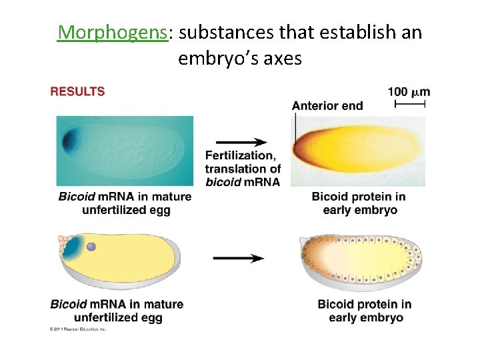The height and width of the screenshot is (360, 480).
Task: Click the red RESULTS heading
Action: (x=77, y=91)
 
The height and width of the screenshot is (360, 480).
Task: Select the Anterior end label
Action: (x=327, y=105)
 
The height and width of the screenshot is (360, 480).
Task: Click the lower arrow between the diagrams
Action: (x=239, y=258)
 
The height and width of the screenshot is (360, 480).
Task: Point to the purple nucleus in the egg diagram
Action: (x=91, y=247)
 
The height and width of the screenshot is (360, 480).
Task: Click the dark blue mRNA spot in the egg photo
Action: (x=69, y=141)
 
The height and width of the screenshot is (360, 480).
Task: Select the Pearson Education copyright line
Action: (x=78, y=329)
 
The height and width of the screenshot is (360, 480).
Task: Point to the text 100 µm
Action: (x=409, y=91)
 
